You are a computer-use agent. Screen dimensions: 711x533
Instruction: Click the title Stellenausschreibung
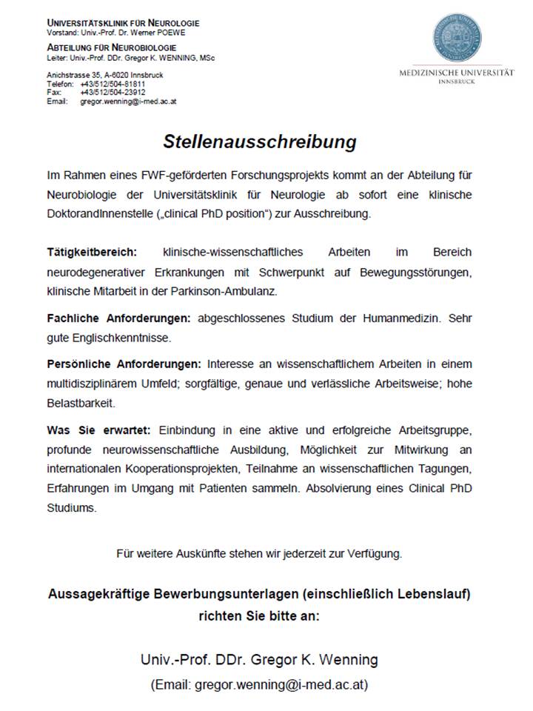[260, 141]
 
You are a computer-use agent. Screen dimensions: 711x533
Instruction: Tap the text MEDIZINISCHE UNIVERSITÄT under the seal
[456, 73]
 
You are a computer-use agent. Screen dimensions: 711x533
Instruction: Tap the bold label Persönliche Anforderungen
[124, 364]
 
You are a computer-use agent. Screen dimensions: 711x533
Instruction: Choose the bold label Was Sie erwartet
[98, 430]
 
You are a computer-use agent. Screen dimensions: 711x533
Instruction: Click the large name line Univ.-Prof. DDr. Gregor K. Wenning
[259, 659]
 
